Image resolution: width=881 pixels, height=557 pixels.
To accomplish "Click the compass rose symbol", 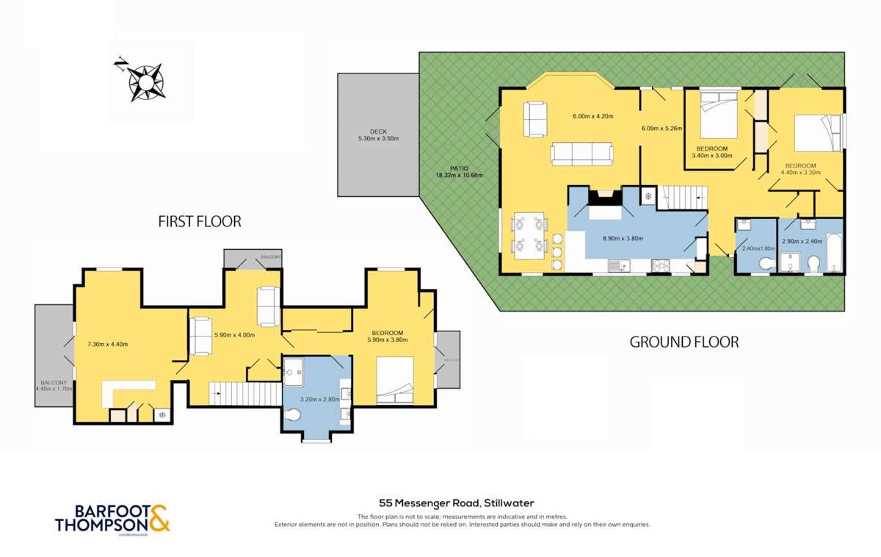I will [x=145, y=80].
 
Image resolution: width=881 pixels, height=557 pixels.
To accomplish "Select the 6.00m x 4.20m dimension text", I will [x=592, y=116].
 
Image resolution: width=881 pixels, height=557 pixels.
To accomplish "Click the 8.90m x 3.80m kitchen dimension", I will [x=623, y=238].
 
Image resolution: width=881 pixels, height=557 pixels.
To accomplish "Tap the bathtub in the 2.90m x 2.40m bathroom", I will [x=834, y=252].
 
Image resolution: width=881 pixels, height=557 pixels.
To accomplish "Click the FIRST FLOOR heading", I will [x=200, y=221].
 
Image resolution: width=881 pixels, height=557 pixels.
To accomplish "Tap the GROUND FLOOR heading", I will [x=684, y=342].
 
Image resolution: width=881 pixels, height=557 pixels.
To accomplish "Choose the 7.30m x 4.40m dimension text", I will [x=108, y=344].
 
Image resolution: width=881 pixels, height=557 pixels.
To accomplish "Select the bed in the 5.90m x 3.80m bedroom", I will [x=395, y=380].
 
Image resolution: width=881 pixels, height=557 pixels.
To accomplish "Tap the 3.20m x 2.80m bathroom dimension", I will [x=319, y=399].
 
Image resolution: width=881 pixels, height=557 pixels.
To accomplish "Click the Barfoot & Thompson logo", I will [x=112, y=517].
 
